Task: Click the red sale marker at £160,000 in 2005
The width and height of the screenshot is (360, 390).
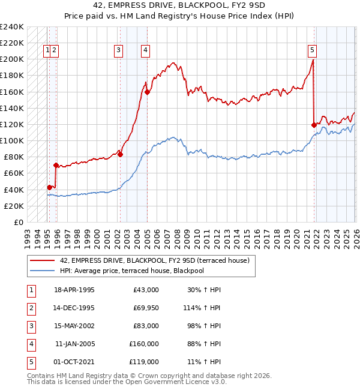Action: (x=147, y=92)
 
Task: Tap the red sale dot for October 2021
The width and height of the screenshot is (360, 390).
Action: (x=314, y=125)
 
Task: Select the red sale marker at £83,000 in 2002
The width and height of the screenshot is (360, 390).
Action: (x=121, y=155)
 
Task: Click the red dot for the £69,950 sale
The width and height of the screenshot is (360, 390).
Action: (x=56, y=165)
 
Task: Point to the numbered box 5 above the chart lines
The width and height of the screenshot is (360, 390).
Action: (x=312, y=51)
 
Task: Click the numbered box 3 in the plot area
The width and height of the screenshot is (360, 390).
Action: (x=118, y=51)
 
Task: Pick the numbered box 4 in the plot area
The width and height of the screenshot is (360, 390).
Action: (x=146, y=51)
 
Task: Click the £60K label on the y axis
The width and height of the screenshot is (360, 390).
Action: (x=14, y=173)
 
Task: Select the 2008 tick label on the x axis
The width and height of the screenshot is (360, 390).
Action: (x=177, y=239)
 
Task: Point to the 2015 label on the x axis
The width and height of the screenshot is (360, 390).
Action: (x=247, y=239)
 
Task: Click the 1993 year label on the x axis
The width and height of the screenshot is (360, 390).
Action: (x=28, y=239)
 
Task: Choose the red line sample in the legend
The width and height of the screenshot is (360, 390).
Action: (x=42, y=260)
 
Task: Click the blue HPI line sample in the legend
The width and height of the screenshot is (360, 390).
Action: (x=42, y=271)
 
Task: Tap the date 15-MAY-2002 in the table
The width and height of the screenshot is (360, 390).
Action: (x=74, y=326)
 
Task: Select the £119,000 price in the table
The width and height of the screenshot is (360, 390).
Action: (x=144, y=362)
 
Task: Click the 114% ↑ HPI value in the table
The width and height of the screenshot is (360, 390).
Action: (x=202, y=308)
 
